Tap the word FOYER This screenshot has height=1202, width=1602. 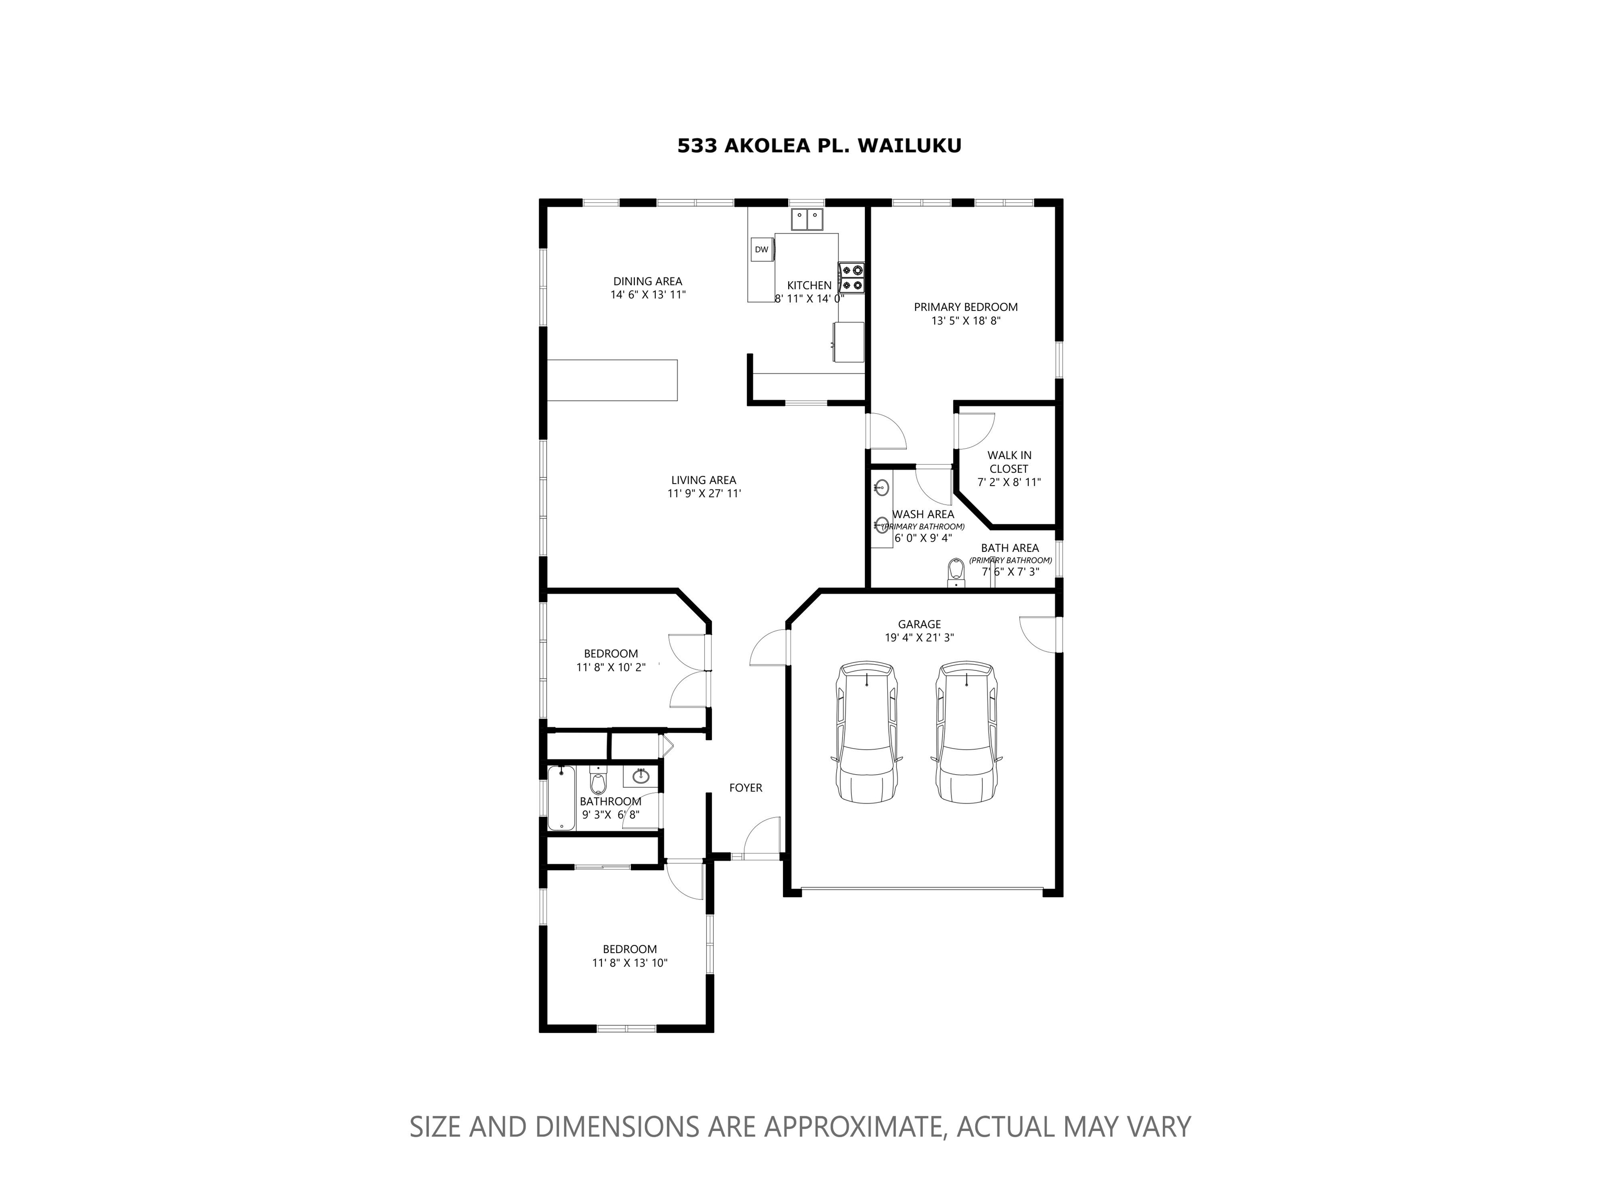(745, 788)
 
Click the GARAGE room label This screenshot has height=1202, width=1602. (919, 624)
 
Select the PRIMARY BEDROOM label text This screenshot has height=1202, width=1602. (966, 307)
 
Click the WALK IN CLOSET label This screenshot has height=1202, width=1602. (1009, 462)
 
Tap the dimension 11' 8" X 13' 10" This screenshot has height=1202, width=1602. (629, 963)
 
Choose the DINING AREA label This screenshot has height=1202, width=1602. (647, 282)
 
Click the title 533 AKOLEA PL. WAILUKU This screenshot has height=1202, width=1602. (819, 146)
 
